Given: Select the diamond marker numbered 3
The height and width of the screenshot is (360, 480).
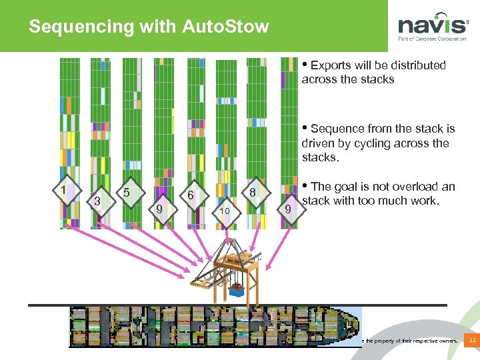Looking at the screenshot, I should (x=97, y=200).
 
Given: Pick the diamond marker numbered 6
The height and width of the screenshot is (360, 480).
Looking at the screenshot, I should (x=191, y=196).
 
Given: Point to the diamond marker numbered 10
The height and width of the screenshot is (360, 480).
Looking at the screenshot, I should (x=225, y=211).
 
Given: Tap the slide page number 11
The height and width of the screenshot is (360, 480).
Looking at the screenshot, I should (x=472, y=341).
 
